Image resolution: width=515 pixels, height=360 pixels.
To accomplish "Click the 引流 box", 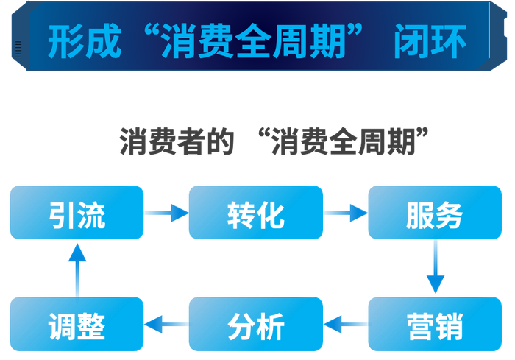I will pos(77,213).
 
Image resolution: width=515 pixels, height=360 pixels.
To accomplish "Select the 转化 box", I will pos(255,213).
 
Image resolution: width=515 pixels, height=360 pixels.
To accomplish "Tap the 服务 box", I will pos(435,213).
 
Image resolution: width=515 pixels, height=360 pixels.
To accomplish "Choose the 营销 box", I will pos(435,324).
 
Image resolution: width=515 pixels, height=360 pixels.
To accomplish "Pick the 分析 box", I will pos(255,324).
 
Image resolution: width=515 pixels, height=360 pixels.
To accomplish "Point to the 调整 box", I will pos(77,324).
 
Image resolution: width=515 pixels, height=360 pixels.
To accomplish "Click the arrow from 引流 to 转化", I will pos(166,213).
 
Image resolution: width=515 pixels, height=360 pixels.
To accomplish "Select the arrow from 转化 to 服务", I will pos(345,213).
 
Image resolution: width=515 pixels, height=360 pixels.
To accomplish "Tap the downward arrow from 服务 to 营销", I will pos(436,268).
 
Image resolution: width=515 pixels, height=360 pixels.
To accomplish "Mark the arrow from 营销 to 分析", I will pos(345,322).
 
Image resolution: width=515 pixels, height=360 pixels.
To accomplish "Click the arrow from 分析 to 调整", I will pos(166,322).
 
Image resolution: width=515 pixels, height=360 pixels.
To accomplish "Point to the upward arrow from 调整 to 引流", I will pos(77,268).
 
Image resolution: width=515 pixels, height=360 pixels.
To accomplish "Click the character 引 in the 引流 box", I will pos(62,213).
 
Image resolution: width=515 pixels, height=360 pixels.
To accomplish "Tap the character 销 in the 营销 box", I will pos(450,325).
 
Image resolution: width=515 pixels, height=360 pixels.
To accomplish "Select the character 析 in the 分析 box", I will pos(270,325).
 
